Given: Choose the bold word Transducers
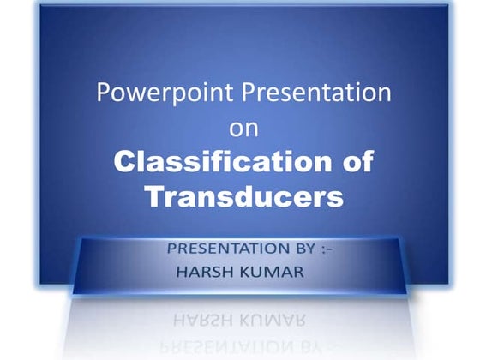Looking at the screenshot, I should click(243, 196).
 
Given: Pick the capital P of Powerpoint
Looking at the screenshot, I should click(103, 93).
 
